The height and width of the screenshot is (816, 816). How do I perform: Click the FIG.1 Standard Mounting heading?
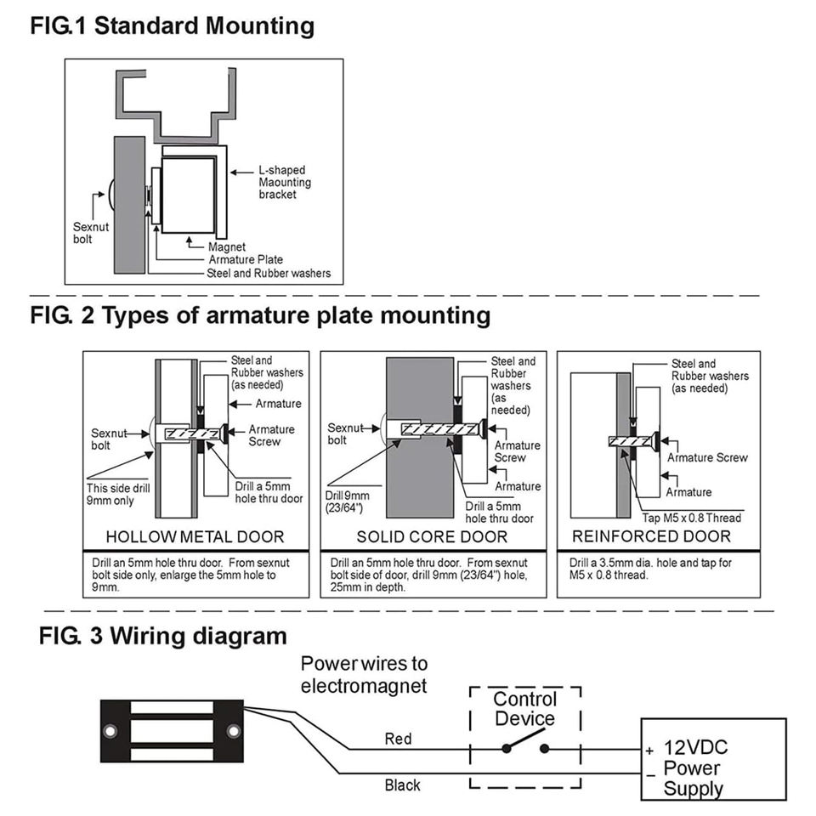click(x=172, y=25)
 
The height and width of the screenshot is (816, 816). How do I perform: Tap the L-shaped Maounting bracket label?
click(x=285, y=182)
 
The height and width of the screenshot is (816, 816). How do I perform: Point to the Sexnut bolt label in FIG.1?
click(x=88, y=233)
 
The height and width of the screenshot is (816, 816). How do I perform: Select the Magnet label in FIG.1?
click(x=227, y=247)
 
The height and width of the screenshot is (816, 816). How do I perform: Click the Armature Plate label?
click(x=246, y=260)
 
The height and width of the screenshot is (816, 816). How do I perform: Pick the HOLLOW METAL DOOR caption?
click(x=195, y=537)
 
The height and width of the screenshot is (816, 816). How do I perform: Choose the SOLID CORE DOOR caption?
click(x=432, y=537)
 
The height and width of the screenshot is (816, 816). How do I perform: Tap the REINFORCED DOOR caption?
click(x=651, y=536)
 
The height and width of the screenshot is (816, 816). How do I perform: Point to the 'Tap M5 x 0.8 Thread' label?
click(x=690, y=518)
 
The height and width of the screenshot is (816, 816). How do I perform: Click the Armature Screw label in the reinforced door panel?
click(x=707, y=458)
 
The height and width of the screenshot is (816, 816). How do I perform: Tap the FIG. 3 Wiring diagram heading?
click(x=163, y=636)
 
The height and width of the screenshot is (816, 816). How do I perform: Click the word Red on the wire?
click(x=398, y=739)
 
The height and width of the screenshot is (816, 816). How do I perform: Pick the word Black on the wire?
click(x=402, y=785)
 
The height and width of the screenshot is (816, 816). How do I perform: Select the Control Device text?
click(x=524, y=709)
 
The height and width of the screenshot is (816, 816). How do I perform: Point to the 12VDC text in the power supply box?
click(x=695, y=748)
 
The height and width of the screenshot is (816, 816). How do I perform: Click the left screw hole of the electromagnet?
click(x=110, y=731)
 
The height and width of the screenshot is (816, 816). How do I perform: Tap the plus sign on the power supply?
click(x=649, y=751)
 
